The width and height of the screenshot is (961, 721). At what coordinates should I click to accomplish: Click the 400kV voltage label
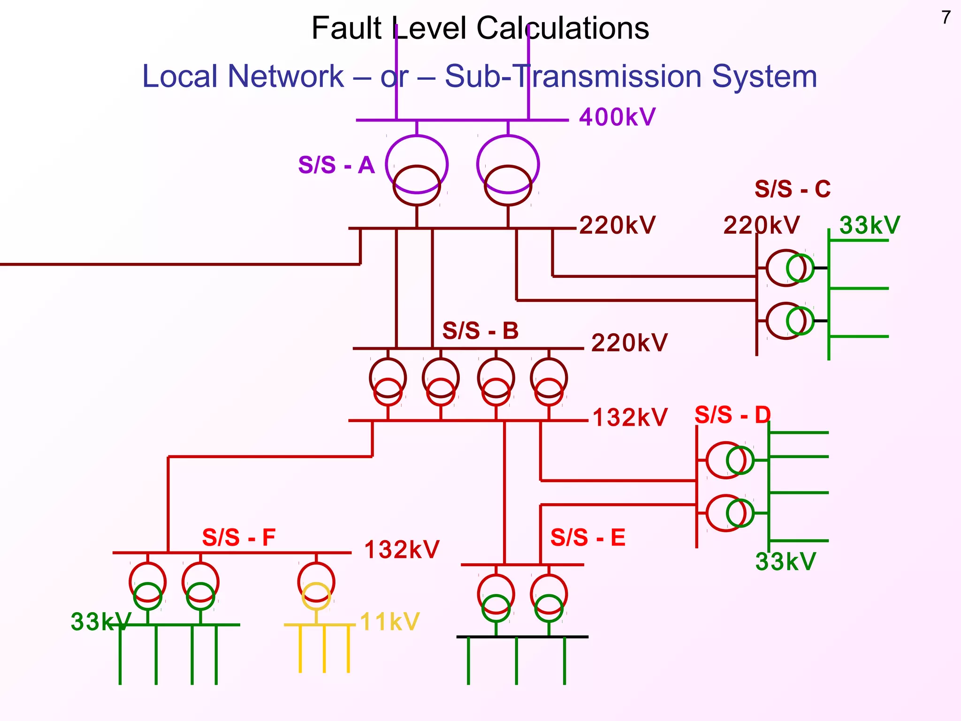pyautogui.click(x=617, y=117)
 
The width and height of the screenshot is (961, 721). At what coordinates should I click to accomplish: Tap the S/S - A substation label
pyautogui.click(x=336, y=165)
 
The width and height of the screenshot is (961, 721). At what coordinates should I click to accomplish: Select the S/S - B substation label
pyautogui.click(x=480, y=331)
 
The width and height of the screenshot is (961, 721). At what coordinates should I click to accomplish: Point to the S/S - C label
pyautogui.click(x=793, y=189)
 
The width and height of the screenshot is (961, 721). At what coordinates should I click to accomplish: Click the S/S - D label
pyautogui.click(x=732, y=415)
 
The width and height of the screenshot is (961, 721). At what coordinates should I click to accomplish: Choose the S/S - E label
pyautogui.click(x=588, y=537)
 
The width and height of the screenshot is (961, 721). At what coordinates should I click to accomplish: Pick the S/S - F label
pyautogui.click(x=239, y=537)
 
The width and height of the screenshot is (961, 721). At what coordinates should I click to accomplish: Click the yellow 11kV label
pyautogui.click(x=389, y=622)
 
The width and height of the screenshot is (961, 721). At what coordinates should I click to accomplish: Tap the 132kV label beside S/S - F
pyautogui.click(x=402, y=550)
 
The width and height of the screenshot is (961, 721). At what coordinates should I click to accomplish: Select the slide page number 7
pyautogui.click(x=946, y=18)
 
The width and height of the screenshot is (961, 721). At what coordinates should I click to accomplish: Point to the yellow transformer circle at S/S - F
pyautogui.click(x=316, y=596)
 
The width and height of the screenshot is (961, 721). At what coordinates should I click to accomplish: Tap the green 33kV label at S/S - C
pyautogui.click(x=869, y=225)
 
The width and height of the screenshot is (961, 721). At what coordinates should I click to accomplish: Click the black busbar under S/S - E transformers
pyautogui.click(x=522, y=637)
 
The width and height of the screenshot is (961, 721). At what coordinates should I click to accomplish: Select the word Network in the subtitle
pyautogui.click(x=286, y=76)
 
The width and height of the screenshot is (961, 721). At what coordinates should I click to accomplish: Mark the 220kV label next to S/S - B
pyautogui.click(x=629, y=343)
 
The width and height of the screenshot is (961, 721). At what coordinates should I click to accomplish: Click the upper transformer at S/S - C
pyautogui.click(x=790, y=268)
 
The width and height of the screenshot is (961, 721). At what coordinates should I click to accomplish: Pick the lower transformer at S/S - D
pyautogui.click(x=730, y=513)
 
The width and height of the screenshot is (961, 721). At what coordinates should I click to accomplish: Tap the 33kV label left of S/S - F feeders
pyautogui.click(x=100, y=622)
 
